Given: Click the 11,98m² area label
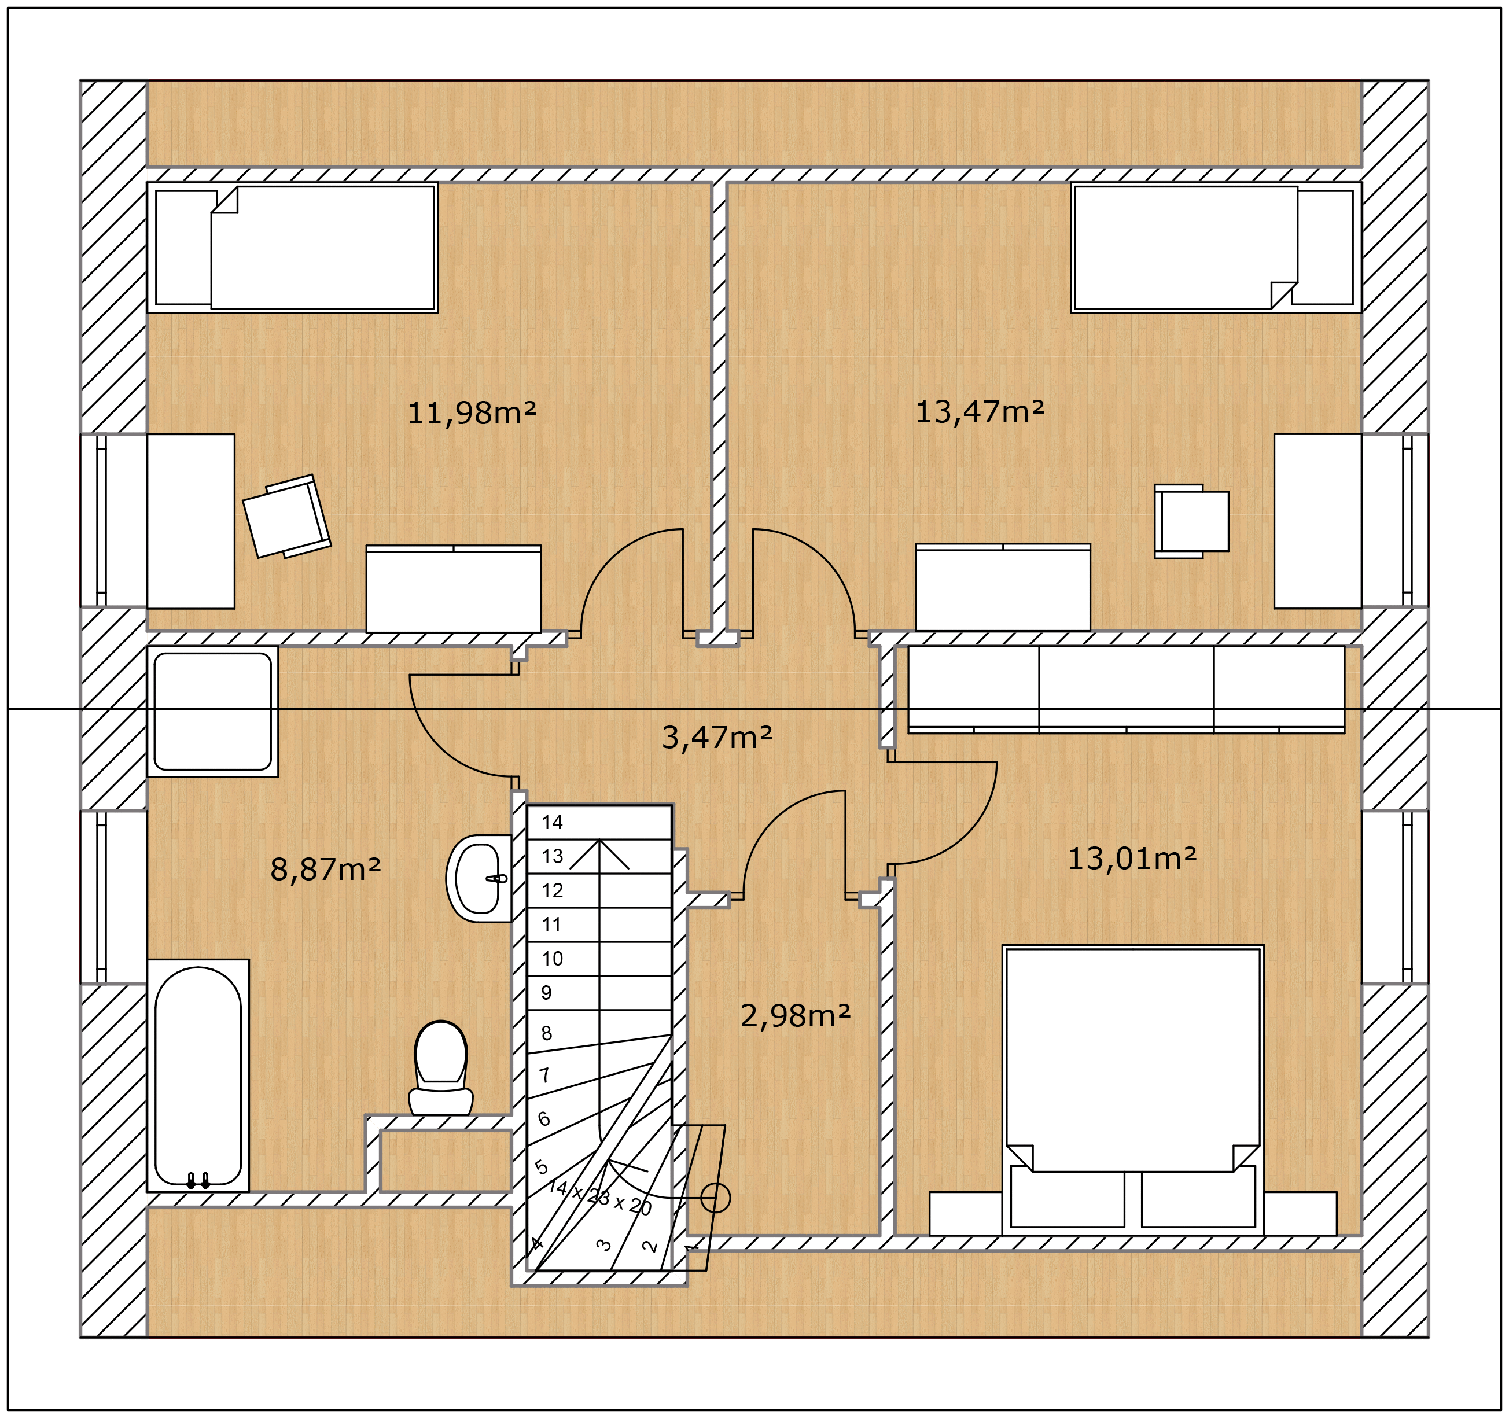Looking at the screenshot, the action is coord(472,414).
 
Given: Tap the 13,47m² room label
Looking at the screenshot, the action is coord(980,412).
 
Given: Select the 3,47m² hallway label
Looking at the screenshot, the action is coord(717,737).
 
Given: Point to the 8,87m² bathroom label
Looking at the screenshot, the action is coord(326,869).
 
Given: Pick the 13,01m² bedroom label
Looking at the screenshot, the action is coord(1132,859).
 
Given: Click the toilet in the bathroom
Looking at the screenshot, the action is coord(441,1069).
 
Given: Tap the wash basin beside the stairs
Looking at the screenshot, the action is coord(478,878).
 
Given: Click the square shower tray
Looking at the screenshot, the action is coord(212,711).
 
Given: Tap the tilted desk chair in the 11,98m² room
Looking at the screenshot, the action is coord(287,516).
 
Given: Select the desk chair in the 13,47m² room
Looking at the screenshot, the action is coord(1191,521).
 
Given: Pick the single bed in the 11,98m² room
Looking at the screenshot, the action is coord(293,248).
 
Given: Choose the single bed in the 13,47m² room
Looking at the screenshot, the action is coord(1216,248).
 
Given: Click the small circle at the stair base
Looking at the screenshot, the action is coord(715,1198).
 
